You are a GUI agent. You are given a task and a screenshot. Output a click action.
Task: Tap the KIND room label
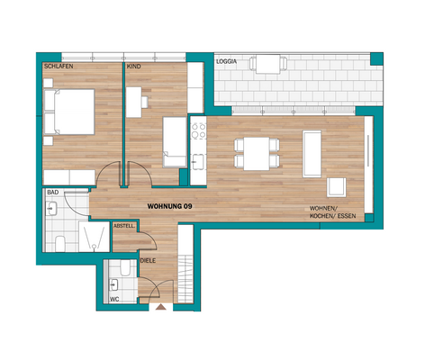pos(133,67)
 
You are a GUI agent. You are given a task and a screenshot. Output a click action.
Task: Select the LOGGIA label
pos(227,61)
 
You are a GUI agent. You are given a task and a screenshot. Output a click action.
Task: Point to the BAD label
pos(53,193)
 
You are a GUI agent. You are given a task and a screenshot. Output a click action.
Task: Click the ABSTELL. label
pos(124,227)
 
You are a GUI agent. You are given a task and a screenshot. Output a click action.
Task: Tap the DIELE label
pos(149,260)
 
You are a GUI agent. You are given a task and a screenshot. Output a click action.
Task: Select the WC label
pos(113,298)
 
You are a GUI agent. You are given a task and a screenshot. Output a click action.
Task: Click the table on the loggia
pos(267,64)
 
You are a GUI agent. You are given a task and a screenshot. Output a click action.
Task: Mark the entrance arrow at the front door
pos(161,307)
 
